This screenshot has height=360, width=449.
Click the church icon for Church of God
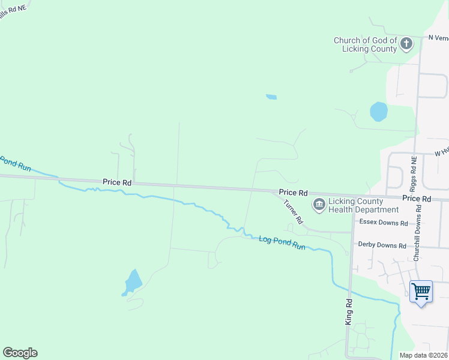point(406,43)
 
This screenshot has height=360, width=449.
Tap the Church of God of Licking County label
point(366,44)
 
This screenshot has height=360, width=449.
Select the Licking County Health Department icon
point(319,205)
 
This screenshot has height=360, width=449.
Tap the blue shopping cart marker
point(421,292)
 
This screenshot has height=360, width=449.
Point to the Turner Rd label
point(292,212)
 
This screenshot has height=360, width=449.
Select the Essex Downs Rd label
point(383,223)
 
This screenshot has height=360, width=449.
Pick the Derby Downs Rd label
point(382,245)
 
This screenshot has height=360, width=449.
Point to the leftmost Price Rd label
point(117,181)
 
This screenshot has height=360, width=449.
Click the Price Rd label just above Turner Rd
point(293,193)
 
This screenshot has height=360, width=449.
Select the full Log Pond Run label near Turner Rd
point(282,242)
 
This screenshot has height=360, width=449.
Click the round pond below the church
point(379,112)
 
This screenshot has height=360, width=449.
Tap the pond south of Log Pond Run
point(133,281)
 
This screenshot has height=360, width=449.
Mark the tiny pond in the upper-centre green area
point(271,97)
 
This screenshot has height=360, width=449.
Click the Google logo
point(20,353)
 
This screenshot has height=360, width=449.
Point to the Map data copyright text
point(423,356)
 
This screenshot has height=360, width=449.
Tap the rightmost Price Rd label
point(417,198)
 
